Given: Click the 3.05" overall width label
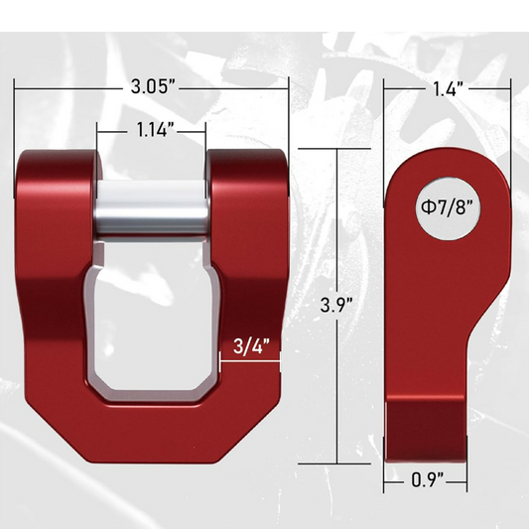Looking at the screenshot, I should (153, 87).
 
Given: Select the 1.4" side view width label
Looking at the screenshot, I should (449, 87).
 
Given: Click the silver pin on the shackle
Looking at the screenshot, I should (152, 211).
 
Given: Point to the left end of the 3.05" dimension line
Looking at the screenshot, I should (15, 87).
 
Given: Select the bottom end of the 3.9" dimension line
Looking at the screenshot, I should (340, 463).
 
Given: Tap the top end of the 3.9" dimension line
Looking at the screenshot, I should (340, 149).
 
